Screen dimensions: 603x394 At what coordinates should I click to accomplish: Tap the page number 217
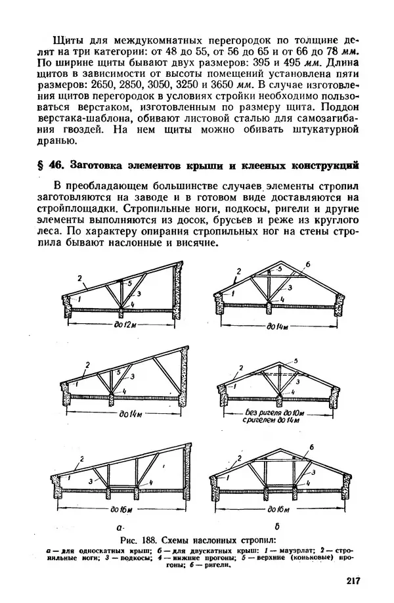coord(352,581)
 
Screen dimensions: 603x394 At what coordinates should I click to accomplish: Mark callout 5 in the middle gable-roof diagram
coord(297,362)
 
